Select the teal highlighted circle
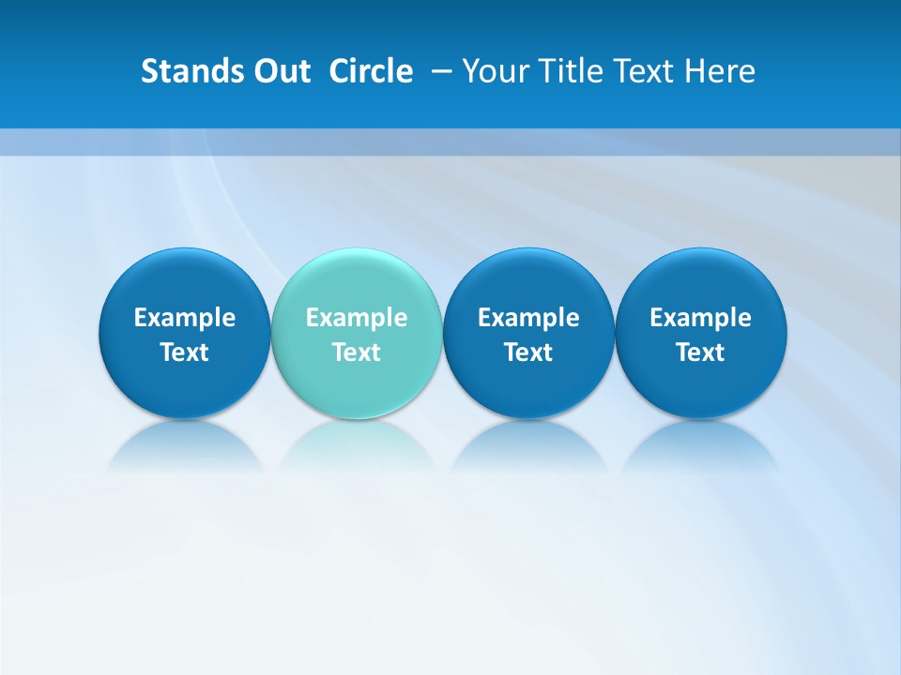click(x=357, y=281)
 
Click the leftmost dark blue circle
click(x=184, y=281)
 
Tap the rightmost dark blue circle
click(x=701, y=281)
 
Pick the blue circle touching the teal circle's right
click(x=528, y=281)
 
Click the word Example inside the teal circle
click(x=357, y=318)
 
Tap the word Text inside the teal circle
click(x=357, y=352)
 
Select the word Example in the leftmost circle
click(x=184, y=318)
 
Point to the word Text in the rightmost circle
click(x=701, y=352)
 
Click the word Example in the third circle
click(x=528, y=318)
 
